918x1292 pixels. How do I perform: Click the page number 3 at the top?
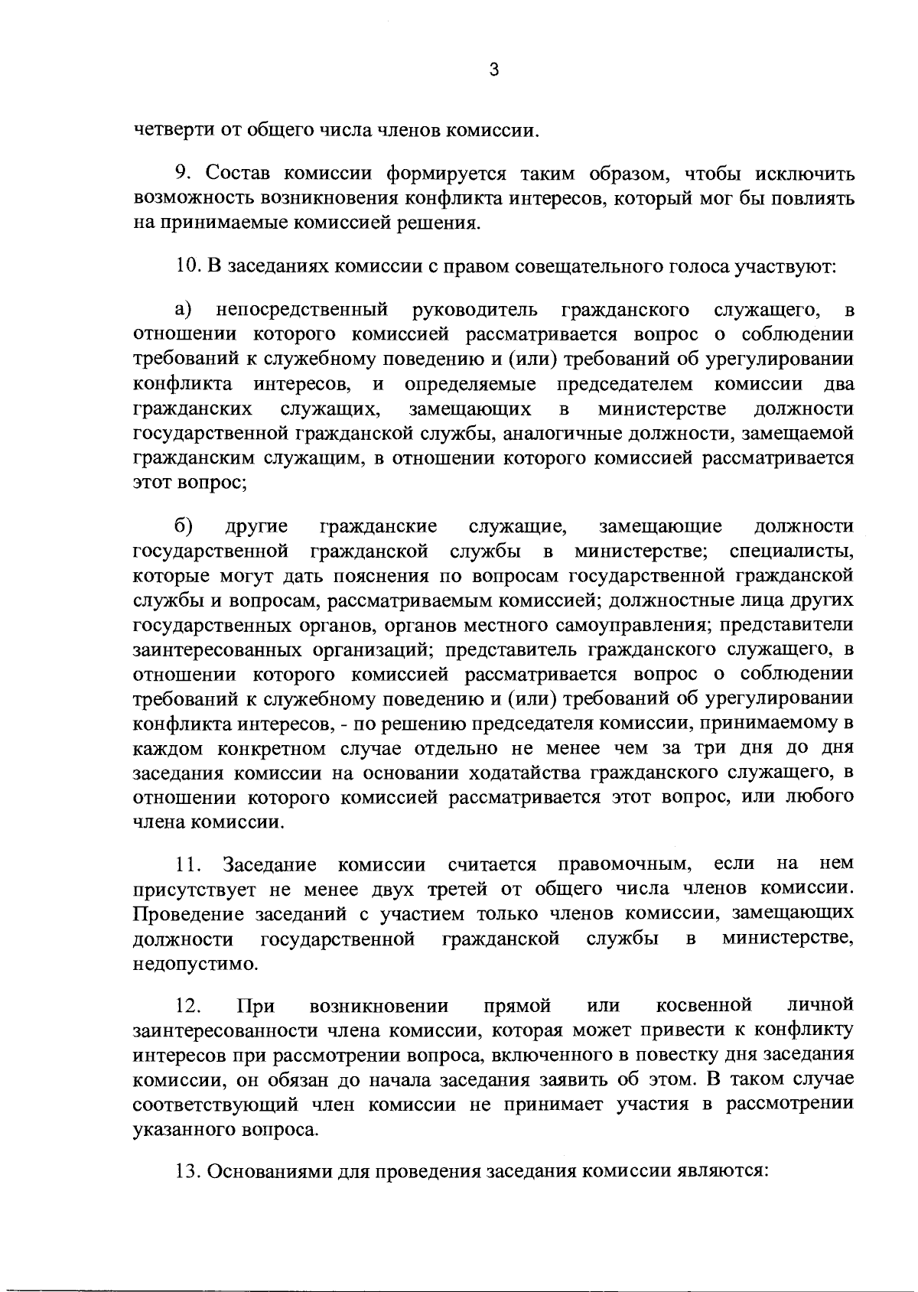[x=493, y=70]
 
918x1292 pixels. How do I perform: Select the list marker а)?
[x=184, y=310]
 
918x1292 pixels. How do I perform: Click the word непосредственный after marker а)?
[x=301, y=310]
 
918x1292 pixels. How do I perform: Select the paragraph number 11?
[x=188, y=864]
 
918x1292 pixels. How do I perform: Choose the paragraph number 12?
[x=188, y=1004]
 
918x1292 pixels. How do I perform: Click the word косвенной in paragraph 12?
[x=704, y=1004]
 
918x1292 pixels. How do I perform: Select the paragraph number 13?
[x=188, y=1171]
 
